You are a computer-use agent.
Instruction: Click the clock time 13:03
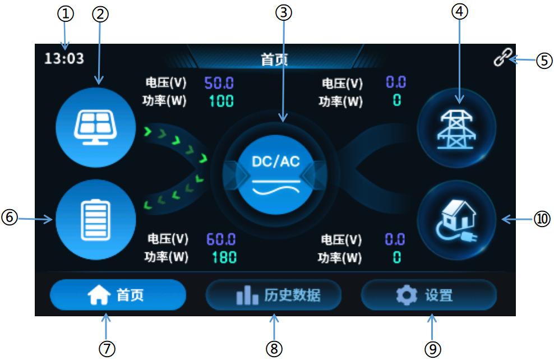click(x=64, y=58)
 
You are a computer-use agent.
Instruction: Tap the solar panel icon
click(x=96, y=127)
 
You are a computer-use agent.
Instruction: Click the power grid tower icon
click(x=456, y=128)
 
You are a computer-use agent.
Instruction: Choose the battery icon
click(x=96, y=220)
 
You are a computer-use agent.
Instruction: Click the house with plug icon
click(x=456, y=220)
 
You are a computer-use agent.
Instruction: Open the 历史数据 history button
click(x=274, y=294)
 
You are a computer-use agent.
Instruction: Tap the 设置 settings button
click(x=429, y=294)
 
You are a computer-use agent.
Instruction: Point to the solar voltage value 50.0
click(x=219, y=83)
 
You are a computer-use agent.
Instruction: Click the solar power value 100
click(x=221, y=101)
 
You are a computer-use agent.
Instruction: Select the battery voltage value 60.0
click(x=221, y=239)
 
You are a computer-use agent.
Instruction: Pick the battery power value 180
click(x=224, y=257)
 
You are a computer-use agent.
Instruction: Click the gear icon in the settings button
click(x=407, y=295)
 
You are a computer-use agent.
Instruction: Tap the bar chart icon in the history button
click(x=247, y=295)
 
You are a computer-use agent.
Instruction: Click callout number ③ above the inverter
click(x=284, y=13)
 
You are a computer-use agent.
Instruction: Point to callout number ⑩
click(x=542, y=219)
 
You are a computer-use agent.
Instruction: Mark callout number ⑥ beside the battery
click(x=10, y=217)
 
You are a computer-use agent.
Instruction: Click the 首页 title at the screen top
click(x=274, y=59)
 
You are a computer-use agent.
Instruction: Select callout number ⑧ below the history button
click(x=274, y=349)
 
